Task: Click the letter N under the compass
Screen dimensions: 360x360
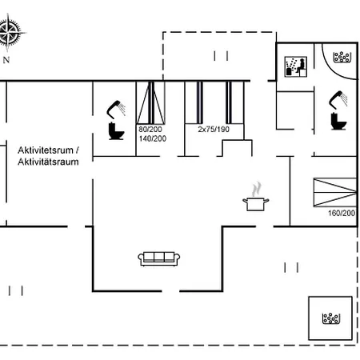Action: (x=6, y=60)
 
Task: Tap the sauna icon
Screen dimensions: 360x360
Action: (x=295, y=66)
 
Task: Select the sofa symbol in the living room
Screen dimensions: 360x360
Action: (x=159, y=258)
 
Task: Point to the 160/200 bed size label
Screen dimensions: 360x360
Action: (x=342, y=213)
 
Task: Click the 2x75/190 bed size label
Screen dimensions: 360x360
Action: (x=214, y=130)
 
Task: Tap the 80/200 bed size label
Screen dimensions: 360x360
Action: (x=150, y=130)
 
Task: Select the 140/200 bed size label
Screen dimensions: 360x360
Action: (x=153, y=138)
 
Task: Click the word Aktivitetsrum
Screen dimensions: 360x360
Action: (x=46, y=150)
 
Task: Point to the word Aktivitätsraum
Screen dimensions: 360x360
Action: (x=48, y=162)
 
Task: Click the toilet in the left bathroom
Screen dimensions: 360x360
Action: (x=116, y=130)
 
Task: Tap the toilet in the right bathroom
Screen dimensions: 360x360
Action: (x=338, y=121)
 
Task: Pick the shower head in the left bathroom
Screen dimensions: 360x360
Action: (x=116, y=109)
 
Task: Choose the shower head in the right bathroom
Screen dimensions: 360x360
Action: (x=338, y=99)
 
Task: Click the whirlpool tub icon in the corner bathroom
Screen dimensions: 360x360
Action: (x=342, y=57)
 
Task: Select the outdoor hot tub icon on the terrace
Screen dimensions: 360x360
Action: (x=330, y=318)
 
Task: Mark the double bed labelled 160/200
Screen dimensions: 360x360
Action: (x=335, y=192)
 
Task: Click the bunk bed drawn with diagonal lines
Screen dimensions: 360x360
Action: (x=150, y=102)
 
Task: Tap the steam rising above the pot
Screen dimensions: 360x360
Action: (x=256, y=189)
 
